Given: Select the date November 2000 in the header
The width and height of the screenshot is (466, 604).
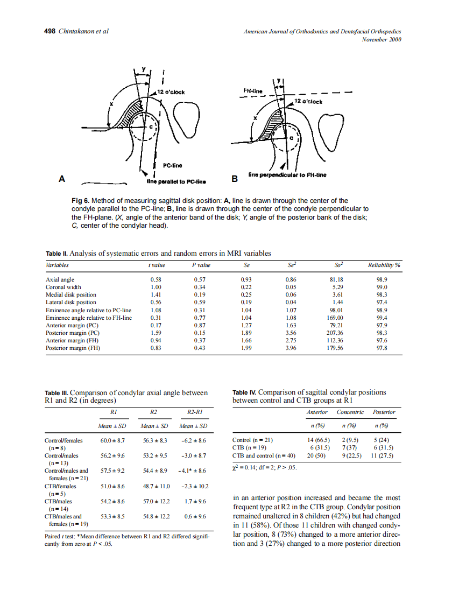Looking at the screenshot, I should [382, 39].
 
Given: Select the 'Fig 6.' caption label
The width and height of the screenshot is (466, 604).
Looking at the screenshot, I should [82, 201].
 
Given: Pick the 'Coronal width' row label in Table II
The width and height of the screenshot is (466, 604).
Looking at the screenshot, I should [63, 287].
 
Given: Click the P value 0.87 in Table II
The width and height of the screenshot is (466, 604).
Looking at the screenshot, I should [200, 325].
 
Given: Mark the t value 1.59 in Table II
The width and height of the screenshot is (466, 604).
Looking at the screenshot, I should [156, 333].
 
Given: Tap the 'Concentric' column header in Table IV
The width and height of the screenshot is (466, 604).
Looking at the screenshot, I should [350, 412].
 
